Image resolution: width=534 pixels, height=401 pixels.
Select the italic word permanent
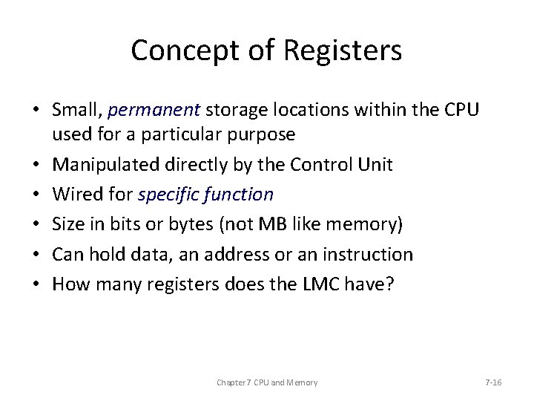154,111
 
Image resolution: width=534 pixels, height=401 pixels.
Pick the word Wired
74,194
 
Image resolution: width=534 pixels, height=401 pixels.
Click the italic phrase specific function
206,195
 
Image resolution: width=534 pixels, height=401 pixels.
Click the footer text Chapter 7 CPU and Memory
267,382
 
